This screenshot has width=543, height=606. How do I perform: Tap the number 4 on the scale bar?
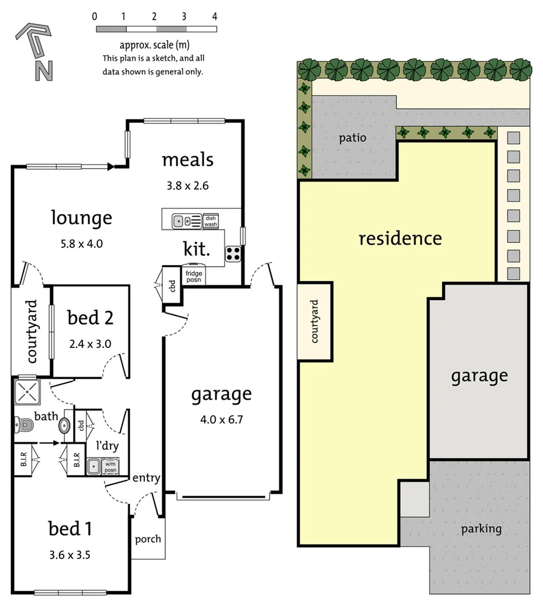point(215,16)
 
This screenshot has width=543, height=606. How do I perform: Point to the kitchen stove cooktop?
point(233,254)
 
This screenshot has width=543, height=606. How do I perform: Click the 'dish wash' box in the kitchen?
point(211,221)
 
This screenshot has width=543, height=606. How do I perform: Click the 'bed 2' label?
point(90,318)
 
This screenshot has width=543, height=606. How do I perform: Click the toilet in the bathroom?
point(24,425)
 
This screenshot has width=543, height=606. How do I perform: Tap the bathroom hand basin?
point(64,425)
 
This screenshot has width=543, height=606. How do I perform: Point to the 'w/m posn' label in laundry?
point(110,467)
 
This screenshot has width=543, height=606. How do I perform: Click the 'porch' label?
point(148,539)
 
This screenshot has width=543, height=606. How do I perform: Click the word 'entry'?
point(147,478)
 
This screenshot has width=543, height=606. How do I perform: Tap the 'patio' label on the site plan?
point(352,138)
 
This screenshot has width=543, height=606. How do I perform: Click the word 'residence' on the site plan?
point(400,238)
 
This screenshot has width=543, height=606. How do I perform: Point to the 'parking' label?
point(481,529)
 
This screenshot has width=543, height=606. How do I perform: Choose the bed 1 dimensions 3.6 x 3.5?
point(70,554)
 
